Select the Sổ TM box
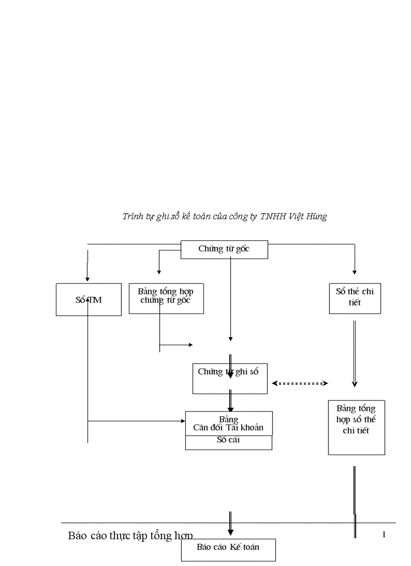[x=89, y=300]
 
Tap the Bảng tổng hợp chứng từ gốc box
[x=166, y=298]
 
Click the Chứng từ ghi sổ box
[x=230, y=379]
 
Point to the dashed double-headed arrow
[x=300, y=383]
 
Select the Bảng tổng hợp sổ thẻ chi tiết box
[x=356, y=427]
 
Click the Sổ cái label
[x=228, y=439]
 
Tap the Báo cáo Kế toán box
[x=228, y=549]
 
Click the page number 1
[x=384, y=534]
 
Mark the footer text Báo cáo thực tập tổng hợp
[x=130, y=535]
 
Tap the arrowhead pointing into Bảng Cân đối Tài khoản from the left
[x=183, y=420]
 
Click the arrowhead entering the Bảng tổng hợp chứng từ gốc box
[x=159, y=272]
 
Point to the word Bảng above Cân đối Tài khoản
[x=229, y=419]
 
